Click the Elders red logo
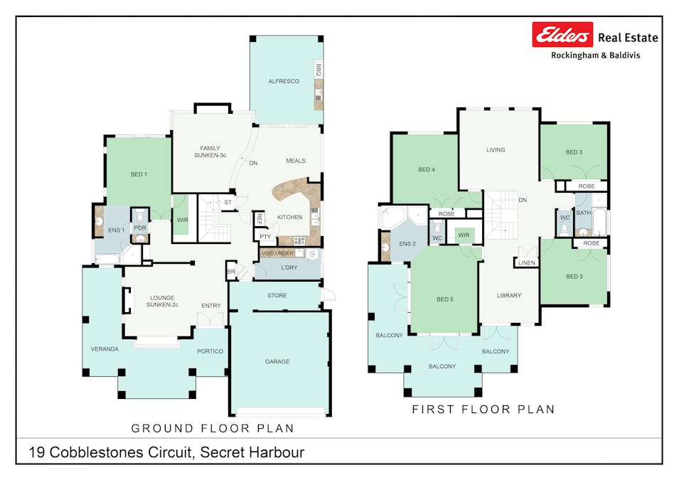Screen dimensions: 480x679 tap(562, 34)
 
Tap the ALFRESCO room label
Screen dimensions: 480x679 tap(284, 82)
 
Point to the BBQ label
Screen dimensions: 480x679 tap(319, 70)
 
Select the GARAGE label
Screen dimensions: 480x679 tap(277, 361)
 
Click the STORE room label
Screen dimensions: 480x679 tap(277, 295)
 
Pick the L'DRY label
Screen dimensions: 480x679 tap(289, 267)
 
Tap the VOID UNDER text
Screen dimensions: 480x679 tap(277, 253)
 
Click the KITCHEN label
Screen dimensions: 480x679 tap(289, 217)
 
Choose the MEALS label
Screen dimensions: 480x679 tap(296, 161)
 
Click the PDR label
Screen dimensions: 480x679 tap(139, 228)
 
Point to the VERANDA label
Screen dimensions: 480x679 tap(104, 349)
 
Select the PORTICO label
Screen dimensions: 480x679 tap(210, 351)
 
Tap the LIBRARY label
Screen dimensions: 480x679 tap(509, 296)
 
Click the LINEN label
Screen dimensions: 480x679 tap(526, 263)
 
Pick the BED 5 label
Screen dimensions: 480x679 tap(444, 299)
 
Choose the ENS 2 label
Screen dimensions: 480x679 tap(407, 245)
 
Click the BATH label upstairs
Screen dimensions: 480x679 tap(584, 213)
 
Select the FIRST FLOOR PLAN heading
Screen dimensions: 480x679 tap(483, 410)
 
